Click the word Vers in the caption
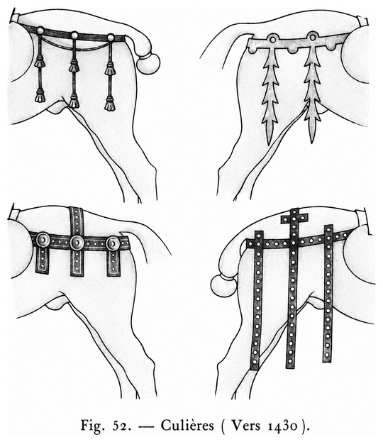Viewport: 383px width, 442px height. point(246,426)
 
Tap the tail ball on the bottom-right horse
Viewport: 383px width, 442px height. point(223,286)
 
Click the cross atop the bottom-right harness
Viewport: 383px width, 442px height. point(294,217)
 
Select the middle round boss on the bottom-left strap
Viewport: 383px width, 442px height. point(77,243)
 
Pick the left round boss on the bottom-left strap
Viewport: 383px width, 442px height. point(43,241)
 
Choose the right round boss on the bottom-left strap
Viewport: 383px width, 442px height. point(113,243)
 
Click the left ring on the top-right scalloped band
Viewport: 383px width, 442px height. point(273,40)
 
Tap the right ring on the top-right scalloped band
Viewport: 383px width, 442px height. point(312,37)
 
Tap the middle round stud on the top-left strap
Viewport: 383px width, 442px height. point(74,35)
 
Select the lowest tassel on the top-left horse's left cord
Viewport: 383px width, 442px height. point(40,96)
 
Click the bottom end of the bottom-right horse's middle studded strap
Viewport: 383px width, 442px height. point(290,368)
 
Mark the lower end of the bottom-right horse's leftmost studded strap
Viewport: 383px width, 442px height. point(254,368)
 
